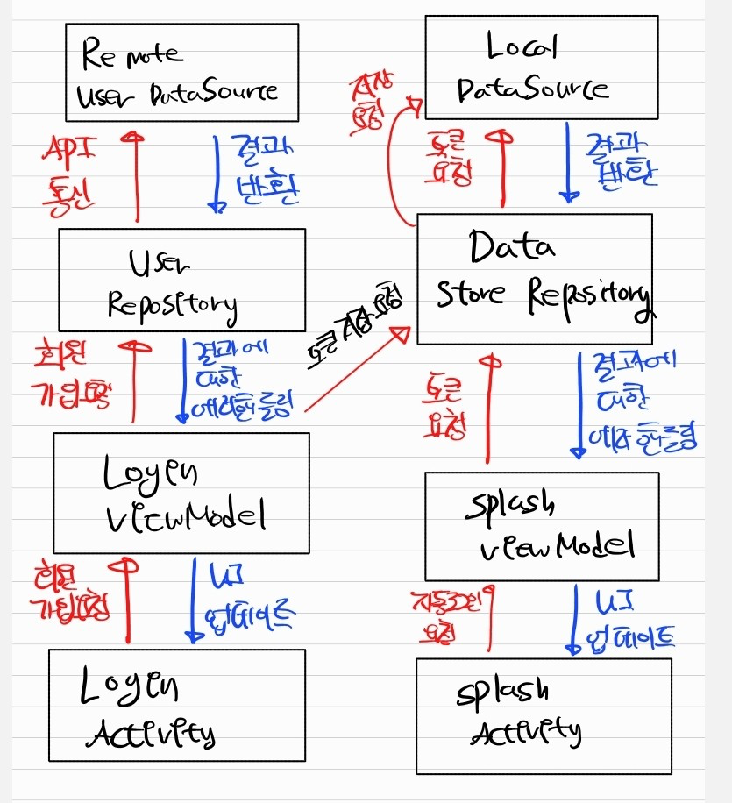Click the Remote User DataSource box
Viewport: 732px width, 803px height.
pyautogui.click(x=181, y=72)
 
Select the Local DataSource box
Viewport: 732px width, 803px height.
pyautogui.click(x=541, y=67)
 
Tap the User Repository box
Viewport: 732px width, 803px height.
pyautogui.click(x=181, y=280)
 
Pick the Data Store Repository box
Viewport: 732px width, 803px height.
pyautogui.click(x=535, y=278)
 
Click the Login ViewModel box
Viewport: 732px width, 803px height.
pyautogui.click(x=181, y=493)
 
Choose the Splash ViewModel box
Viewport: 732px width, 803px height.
pyautogui.click(x=541, y=525)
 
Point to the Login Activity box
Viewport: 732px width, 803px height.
pyautogui.click(x=176, y=705)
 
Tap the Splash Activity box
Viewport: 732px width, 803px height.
pyautogui.click(x=543, y=714)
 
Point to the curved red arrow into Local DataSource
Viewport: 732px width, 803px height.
pyautogui.click(x=392, y=167)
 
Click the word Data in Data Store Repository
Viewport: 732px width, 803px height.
pyautogui.click(x=513, y=247)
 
